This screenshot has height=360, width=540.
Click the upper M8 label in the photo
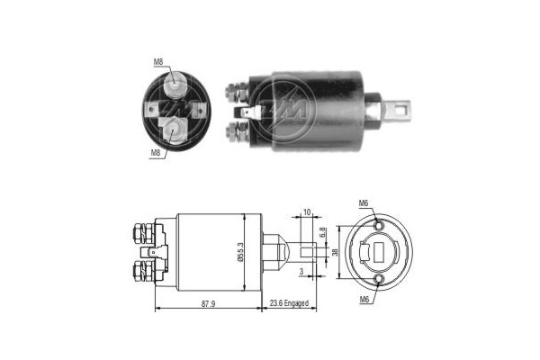(x=157, y=62)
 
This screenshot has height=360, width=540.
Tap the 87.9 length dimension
(x=208, y=304)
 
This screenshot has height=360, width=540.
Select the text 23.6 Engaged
(x=287, y=304)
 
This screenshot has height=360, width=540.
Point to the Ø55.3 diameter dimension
(x=240, y=247)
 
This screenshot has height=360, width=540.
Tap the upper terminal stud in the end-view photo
(x=176, y=85)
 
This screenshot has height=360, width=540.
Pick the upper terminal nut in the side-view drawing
(x=140, y=234)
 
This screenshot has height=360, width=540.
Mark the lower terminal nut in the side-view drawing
(x=140, y=270)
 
